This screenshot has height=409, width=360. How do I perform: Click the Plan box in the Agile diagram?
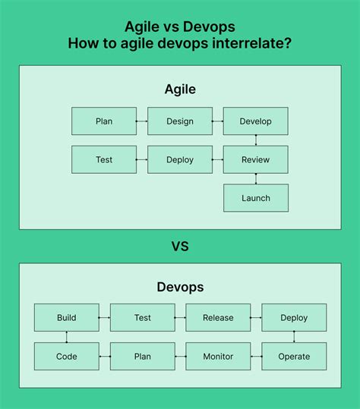[104, 121]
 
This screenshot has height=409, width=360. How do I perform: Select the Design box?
[180, 121]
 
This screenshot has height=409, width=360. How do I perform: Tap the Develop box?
[256, 121]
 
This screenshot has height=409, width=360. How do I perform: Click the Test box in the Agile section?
[104, 159]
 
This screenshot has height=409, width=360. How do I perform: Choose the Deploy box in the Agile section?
[180, 159]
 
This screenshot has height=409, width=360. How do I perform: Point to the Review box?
[256, 159]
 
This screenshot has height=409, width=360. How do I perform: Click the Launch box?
[256, 198]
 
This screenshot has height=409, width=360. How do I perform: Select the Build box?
[67, 318]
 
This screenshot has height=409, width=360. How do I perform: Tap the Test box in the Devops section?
[142, 318]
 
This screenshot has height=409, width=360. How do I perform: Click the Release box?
[218, 318]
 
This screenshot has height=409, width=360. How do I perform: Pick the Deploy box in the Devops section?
[294, 318]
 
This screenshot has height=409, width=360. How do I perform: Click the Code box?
[67, 356]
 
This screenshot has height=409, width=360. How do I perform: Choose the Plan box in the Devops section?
[142, 356]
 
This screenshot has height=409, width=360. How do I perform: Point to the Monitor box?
[218, 356]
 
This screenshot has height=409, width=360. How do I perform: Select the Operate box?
[294, 356]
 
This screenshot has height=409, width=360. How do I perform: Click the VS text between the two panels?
[180, 247]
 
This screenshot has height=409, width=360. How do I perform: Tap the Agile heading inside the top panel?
[180, 90]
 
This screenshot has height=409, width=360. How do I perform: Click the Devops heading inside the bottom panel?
[180, 288]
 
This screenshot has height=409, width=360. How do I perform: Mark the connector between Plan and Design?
[142, 121]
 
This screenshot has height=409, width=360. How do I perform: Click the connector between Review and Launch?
[256, 178]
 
